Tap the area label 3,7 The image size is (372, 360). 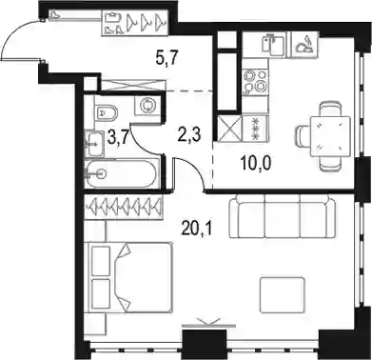pos(119,138)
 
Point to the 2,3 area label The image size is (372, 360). pos(189,135)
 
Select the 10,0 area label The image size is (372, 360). pos(257,164)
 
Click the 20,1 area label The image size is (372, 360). pos(197,228)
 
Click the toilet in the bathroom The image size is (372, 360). pos(107,112)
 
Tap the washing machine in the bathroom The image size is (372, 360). pos(147,105)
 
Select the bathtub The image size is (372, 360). pos(122,173)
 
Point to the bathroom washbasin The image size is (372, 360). pos(94,145)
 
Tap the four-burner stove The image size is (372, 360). pos(255,82)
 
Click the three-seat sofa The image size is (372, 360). pos(282,216)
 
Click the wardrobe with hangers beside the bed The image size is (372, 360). pos(124,208)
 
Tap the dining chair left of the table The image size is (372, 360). pos(303,136)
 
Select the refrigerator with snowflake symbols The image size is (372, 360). pos(255,128)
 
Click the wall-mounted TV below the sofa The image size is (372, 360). pos(208,325)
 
